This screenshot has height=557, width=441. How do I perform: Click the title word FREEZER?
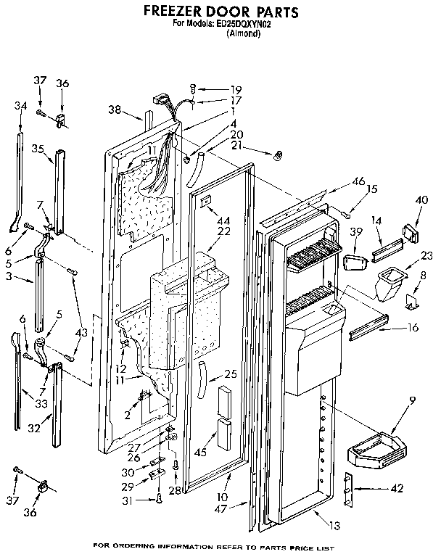click(173, 12)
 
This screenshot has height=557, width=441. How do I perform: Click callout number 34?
click(20, 106)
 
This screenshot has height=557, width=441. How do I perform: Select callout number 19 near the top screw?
click(215, 89)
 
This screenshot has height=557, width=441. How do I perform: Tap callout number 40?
click(421, 200)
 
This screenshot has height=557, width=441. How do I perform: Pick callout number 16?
click(413, 329)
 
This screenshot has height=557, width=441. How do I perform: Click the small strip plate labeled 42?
click(352, 489)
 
